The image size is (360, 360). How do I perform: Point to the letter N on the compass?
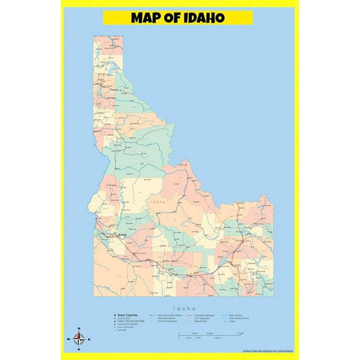79,329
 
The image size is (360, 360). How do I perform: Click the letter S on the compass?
79,349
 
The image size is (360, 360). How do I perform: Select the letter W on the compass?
69,339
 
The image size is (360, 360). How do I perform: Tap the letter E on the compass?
89,339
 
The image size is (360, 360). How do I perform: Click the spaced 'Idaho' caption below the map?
182,308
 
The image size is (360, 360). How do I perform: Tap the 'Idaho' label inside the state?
157,202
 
